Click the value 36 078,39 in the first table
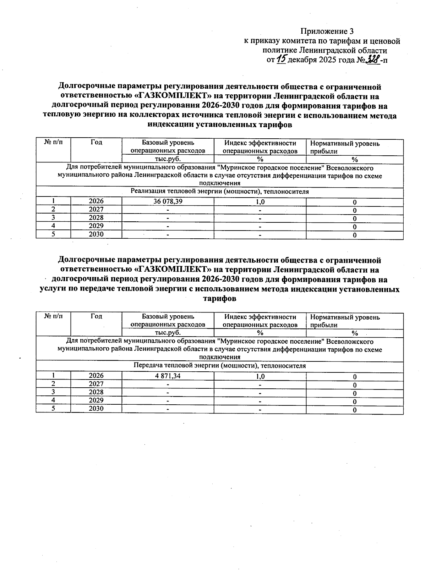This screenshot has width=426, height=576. pyautogui.click(x=168, y=201)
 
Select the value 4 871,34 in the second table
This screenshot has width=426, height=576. pyautogui.click(x=168, y=376)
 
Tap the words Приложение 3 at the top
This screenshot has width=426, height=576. pyautogui.click(x=327, y=31)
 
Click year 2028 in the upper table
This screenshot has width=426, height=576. pyautogui.click(x=96, y=217)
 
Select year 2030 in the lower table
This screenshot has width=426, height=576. pyautogui.click(x=96, y=409)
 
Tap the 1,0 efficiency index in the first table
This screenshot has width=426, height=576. pyautogui.click(x=260, y=202)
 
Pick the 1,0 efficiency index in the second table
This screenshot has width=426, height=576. pyautogui.click(x=260, y=376)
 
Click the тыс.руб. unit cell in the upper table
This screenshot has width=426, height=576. pyautogui.click(x=168, y=159)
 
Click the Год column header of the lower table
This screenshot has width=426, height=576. pyautogui.click(x=96, y=316)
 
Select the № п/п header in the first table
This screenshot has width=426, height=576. pyautogui.click(x=53, y=142)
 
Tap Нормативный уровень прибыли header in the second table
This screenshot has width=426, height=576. pyautogui.click(x=345, y=321)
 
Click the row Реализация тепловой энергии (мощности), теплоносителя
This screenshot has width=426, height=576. pyautogui.click(x=219, y=192)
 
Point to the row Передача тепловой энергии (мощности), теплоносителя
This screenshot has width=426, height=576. pyautogui.click(x=219, y=366)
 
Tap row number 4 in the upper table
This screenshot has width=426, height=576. pyautogui.click(x=53, y=226)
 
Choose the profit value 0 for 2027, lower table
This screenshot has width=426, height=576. pyautogui.click(x=354, y=385)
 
